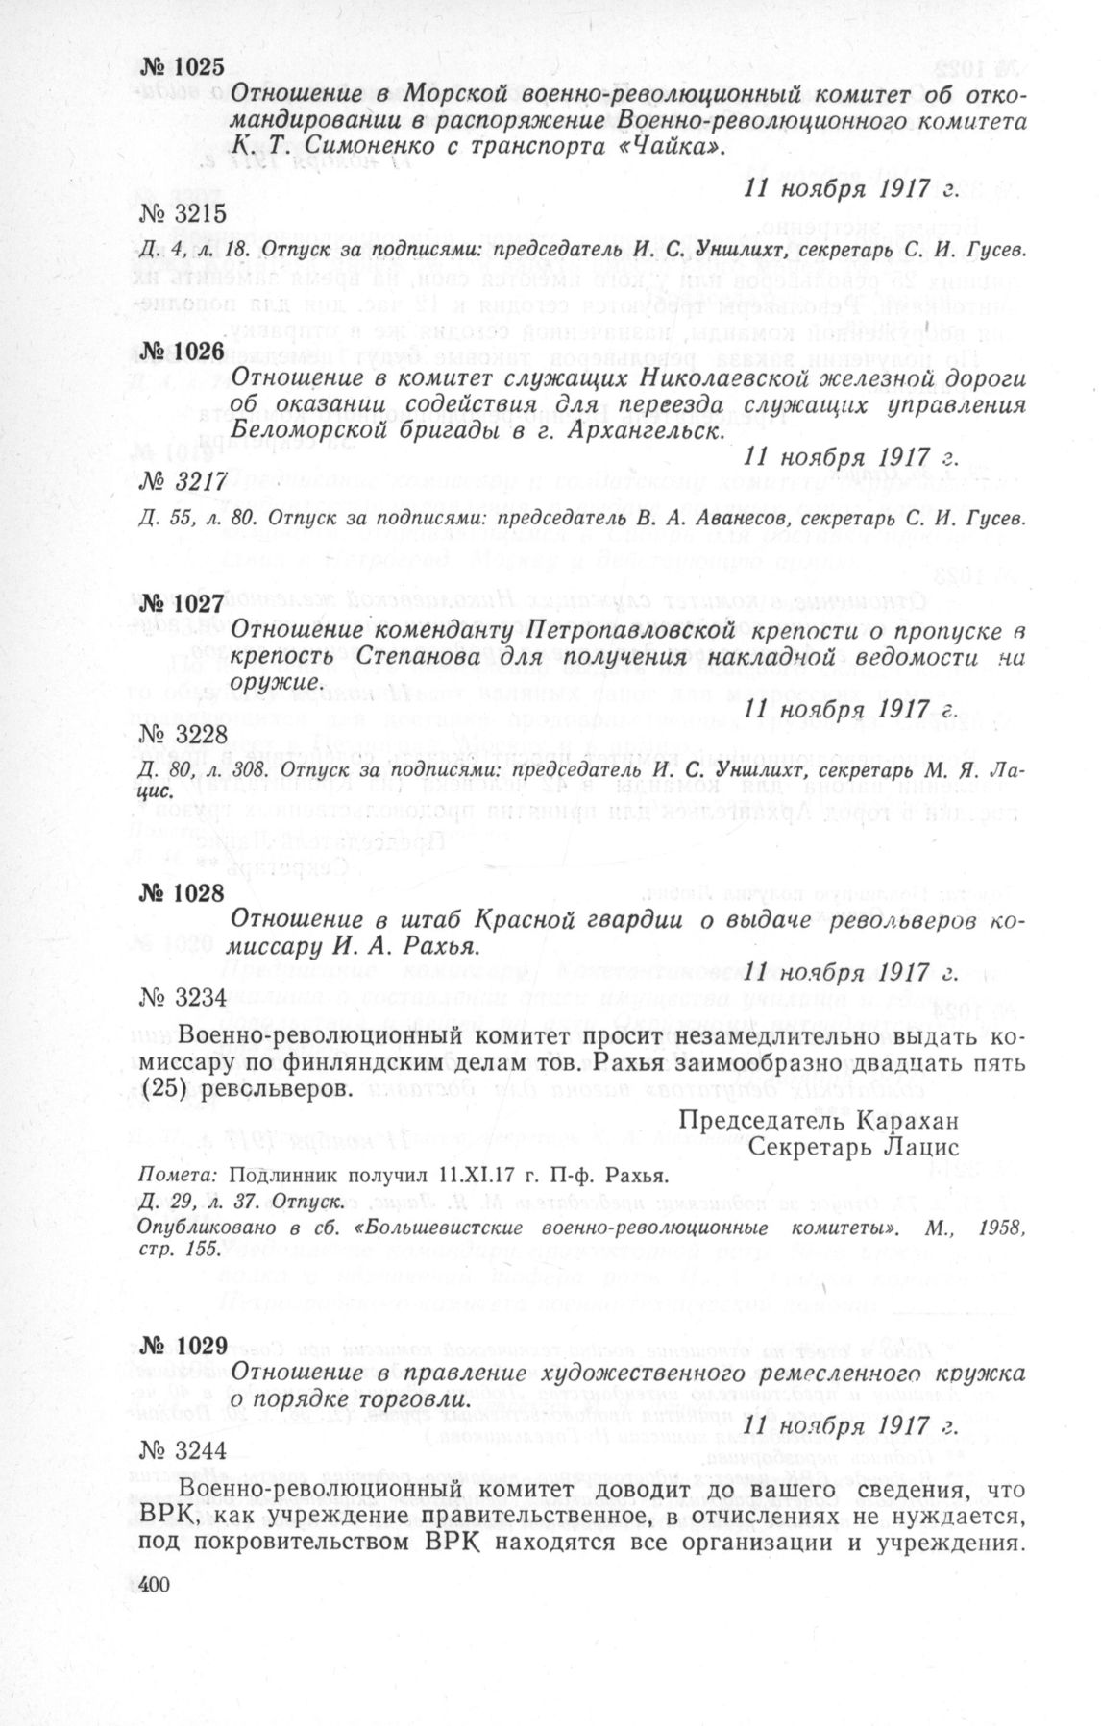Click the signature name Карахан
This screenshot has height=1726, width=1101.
(902, 1121)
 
